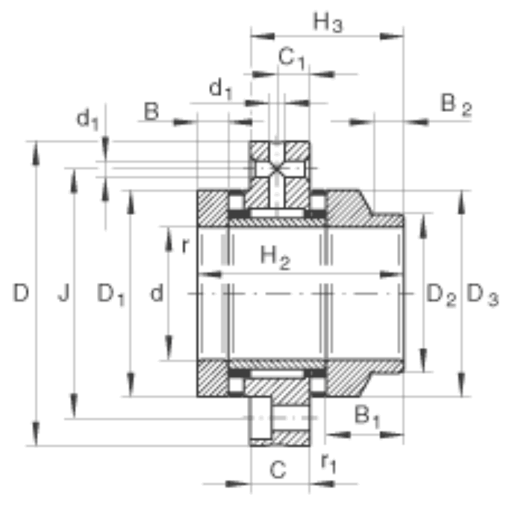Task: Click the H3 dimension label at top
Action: coord(328,22)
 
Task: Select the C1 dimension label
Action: coord(292,58)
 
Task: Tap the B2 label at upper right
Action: coord(456,105)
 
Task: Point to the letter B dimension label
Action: coord(152,111)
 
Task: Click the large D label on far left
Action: coord(21,293)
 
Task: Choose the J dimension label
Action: coord(63,293)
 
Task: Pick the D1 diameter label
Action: coord(111,294)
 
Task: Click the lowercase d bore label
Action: coord(157,293)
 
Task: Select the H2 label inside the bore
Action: coord(275,257)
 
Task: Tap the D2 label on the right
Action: coord(441,295)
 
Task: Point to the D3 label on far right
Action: coord(482,295)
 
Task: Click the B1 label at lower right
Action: coord(367,416)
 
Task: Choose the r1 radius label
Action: coord(328,463)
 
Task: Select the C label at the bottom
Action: coord(278,469)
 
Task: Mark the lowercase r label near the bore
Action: coord(186,245)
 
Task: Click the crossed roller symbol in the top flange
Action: coord(276,169)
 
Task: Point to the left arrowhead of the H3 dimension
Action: coord(263,36)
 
